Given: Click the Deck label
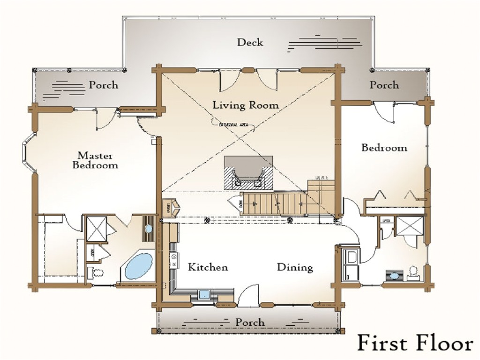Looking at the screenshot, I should point(250,42).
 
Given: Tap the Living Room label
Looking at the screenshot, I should point(246,105).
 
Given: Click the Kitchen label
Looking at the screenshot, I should point(208,267).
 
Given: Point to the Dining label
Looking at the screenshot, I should point(295,267).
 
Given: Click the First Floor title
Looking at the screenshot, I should point(415,343).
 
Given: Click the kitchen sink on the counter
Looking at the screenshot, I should point(205,295).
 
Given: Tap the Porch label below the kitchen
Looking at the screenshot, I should point(249,322).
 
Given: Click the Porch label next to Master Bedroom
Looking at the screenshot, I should point(104,85).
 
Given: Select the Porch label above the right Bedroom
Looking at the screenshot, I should point(384,85).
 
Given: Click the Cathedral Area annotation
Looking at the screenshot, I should point(232,125).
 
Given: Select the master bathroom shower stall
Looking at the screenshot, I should point(96,227).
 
